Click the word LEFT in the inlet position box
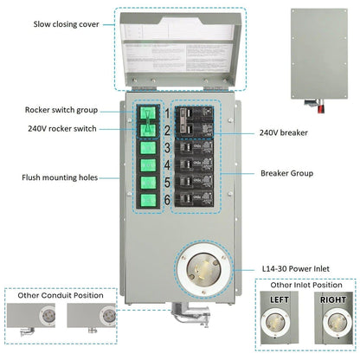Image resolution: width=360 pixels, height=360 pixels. click(x=280, y=300)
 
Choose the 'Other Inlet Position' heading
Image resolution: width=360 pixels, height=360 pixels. click(x=305, y=284)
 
